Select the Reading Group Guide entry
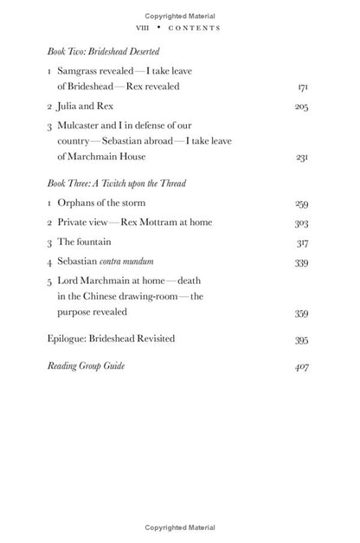86,366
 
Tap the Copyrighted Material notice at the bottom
180,527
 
